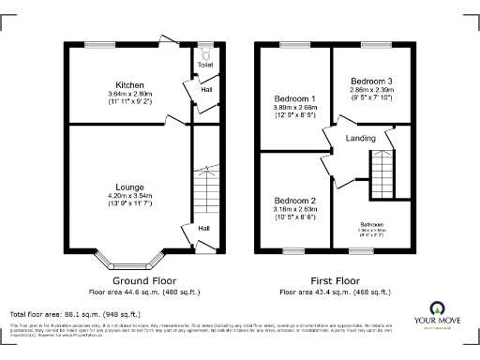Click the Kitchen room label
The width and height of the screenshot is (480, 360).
(129, 84)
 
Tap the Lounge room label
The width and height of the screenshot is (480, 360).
(129, 187)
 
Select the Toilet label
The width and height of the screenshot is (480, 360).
(205, 65)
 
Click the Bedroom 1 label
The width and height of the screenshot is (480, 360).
(294, 98)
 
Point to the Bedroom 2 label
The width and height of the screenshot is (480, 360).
(294, 201)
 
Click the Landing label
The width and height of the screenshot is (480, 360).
(361, 138)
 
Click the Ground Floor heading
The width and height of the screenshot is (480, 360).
(144, 280)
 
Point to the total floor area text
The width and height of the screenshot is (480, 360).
(75, 313)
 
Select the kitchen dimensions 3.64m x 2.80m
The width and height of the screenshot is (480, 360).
(129, 94)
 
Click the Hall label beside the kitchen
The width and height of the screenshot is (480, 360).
(205, 90)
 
